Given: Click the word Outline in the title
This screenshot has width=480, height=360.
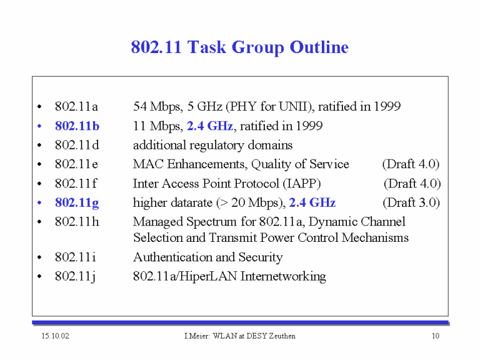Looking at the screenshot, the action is pyautogui.click(x=319, y=47).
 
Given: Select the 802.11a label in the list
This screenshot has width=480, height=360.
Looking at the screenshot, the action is pyautogui.click(x=76, y=106).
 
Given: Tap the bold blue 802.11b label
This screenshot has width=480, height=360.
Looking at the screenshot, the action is pyautogui.click(x=77, y=126).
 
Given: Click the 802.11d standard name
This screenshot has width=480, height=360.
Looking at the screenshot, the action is pyautogui.click(x=77, y=145).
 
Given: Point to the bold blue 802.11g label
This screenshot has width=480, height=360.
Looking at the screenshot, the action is pyautogui.click(x=77, y=203).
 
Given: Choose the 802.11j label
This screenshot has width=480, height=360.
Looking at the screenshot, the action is pyautogui.click(x=75, y=277).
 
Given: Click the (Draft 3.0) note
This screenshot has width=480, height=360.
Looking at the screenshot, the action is pyautogui.click(x=411, y=202).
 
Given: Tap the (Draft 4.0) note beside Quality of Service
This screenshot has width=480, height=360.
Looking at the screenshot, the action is pyautogui.click(x=411, y=164).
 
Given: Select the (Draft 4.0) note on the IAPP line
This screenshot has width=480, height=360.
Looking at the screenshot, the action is pyautogui.click(x=412, y=184).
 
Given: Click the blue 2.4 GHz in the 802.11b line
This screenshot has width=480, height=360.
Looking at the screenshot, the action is pyautogui.click(x=210, y=126).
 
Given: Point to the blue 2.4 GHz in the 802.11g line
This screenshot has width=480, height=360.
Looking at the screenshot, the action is pyautogui.click(x=312, y=202).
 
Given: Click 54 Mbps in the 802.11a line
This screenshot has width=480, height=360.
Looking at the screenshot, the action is pyautogui.click(x=158, y=107).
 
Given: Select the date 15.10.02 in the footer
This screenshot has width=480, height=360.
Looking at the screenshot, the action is pyautogui.click(x=56, y=336).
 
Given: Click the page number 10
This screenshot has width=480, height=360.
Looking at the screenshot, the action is pyautogui.click(x=436, y=336).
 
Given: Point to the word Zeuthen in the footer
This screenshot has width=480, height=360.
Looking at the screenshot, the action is pyautogui.click(x=282, y=336).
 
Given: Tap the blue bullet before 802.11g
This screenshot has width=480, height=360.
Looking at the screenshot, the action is pyautogui.click(x=39, y=202).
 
